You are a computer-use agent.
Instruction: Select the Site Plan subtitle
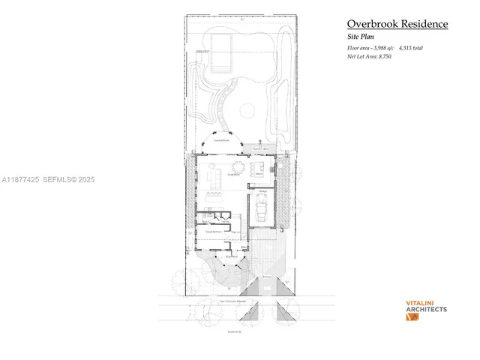(x=361, y=37)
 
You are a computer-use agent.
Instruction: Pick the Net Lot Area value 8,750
(x=382, y=55)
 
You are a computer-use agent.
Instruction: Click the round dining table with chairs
(x=238, y=166)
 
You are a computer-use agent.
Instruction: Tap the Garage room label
(x=264, y=192)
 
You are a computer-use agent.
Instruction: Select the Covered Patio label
(x=221, y=140)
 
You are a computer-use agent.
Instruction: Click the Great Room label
(x=234, y=174)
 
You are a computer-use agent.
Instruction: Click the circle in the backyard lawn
(x=247, y=112)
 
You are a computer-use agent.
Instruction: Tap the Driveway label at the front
(x=266, y=277)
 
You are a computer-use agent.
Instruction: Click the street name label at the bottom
(x=234, y=331)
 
